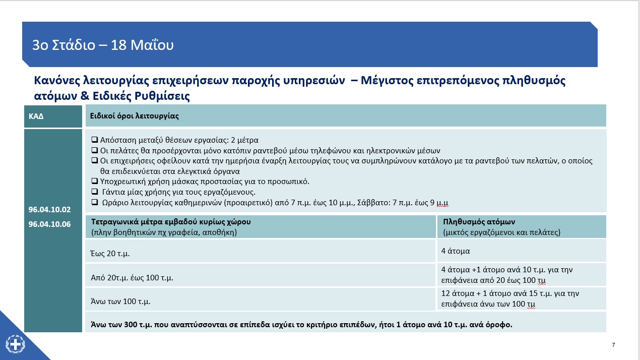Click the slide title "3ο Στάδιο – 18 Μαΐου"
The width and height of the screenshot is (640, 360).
(103, 45)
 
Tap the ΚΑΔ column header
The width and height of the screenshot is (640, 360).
(36, 116)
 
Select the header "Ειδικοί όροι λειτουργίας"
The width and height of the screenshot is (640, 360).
(135, 116)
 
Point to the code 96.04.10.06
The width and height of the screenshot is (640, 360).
(49, 224)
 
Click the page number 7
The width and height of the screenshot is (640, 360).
(613, 345)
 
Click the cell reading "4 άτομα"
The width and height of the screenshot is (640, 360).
(456, 251)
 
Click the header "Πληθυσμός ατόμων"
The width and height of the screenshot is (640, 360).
(479, 222)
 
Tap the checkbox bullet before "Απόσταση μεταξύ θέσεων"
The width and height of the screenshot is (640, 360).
(94, 140)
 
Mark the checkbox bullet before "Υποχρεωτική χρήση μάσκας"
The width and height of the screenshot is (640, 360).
(94, 181)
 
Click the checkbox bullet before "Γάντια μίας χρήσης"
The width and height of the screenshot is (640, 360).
(94, 192)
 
